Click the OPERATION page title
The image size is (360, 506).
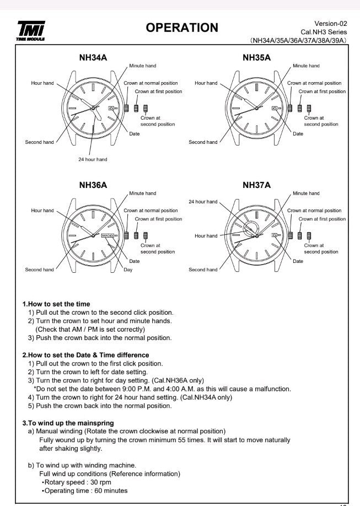click(x=182, y=28)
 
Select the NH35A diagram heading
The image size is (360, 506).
click(x=256, y=57)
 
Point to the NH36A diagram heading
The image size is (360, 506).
click(x=93, y=185)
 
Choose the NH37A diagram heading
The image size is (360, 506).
click(x=256, y=185)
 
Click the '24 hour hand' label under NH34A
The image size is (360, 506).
click(x=93, y=159)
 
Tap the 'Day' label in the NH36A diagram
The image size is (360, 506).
click(x=128, y=270)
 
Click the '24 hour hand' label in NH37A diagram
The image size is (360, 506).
click(x=203, y=202)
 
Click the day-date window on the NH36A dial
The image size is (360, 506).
click(x=108, y=235)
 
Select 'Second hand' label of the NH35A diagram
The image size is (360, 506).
click(x=203, y=142)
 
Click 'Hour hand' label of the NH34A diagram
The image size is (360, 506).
click(x=42, y=83)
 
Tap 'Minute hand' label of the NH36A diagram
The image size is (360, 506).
click(x=142, y=193)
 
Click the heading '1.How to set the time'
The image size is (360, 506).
click(x=56, y=304)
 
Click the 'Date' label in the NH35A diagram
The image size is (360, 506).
click(x=298, y=134)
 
